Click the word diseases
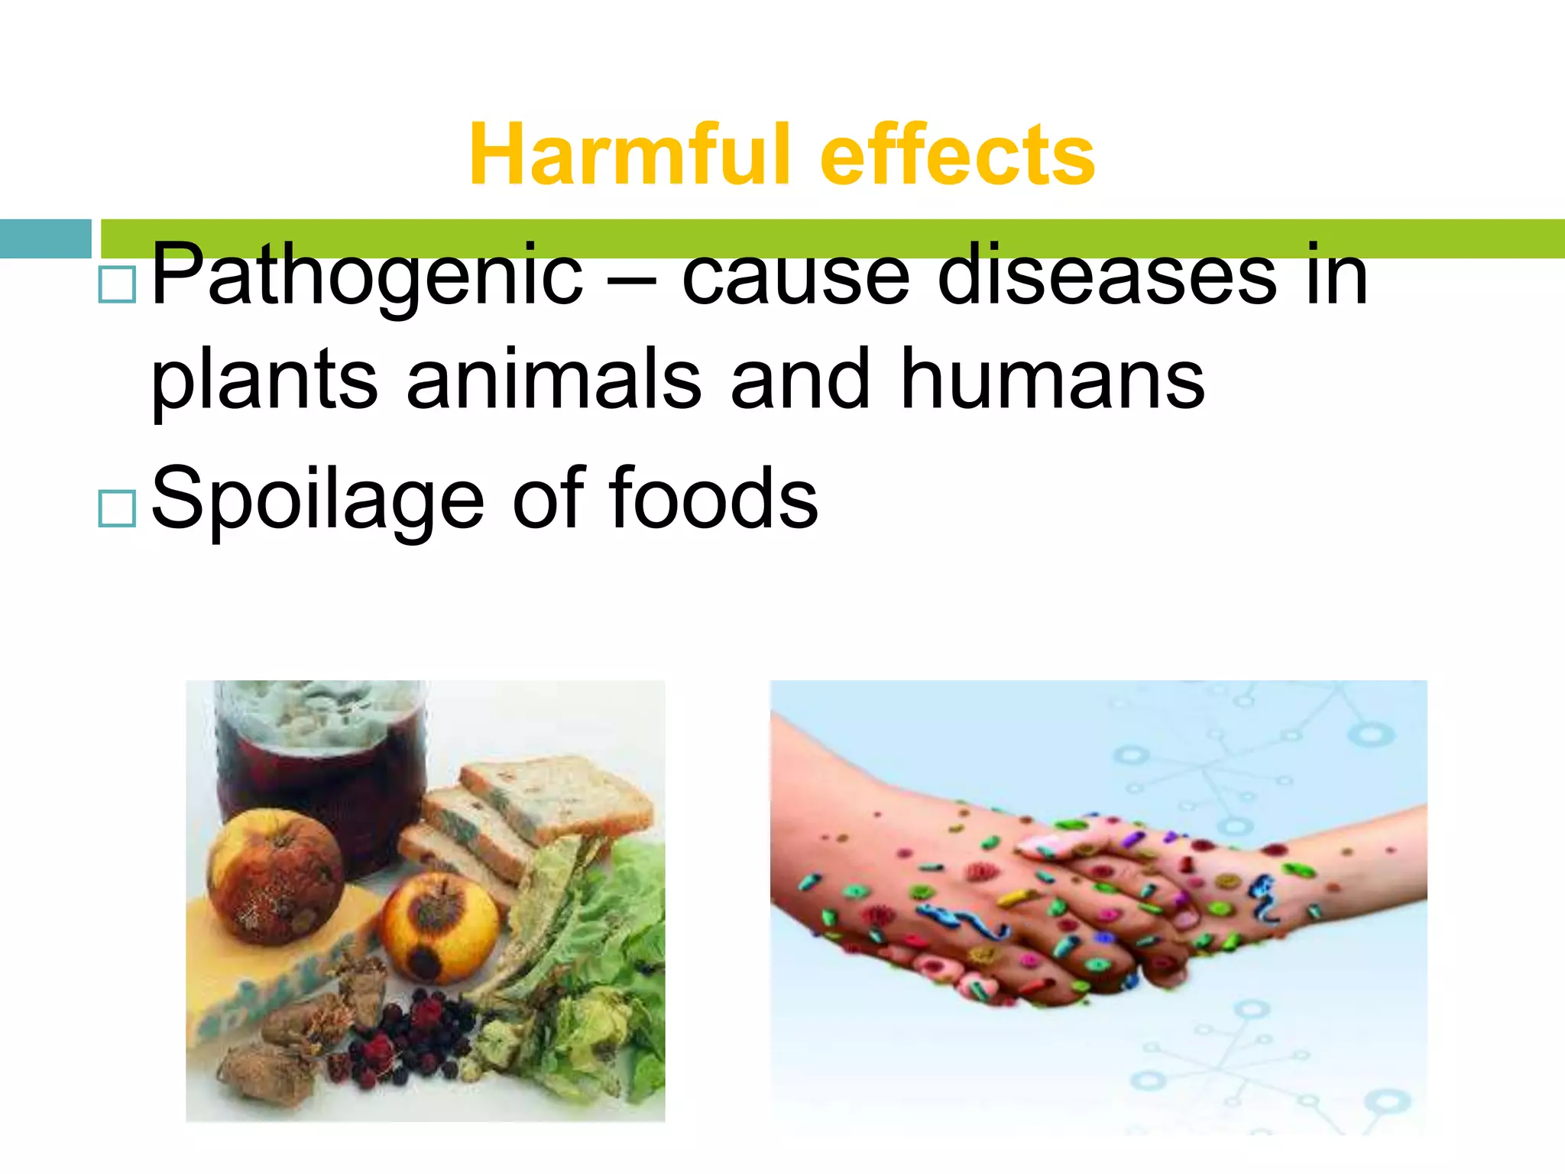[x=1107, y=275]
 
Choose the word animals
[x=553, y=379]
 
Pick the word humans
[x=1052, y=379]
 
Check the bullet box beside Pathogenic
[x=117, y=285]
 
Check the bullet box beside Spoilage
[x=117, y=508]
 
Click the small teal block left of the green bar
[x=45, y=238]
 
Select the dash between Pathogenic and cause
[x=632, y=280]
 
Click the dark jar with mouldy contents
[x=321, y=764]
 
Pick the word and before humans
[x=799, y=379]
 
